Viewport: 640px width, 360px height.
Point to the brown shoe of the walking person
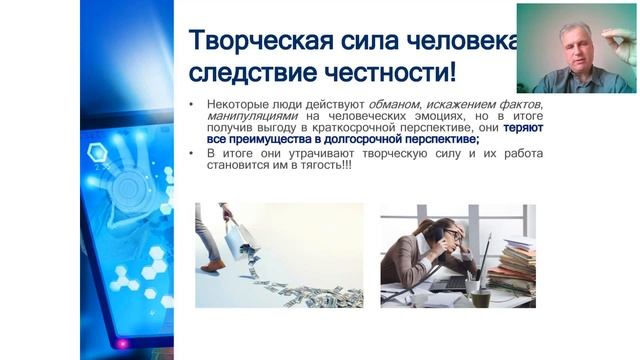(x=213, y=265)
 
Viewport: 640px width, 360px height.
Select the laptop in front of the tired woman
(x=465, y=275)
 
